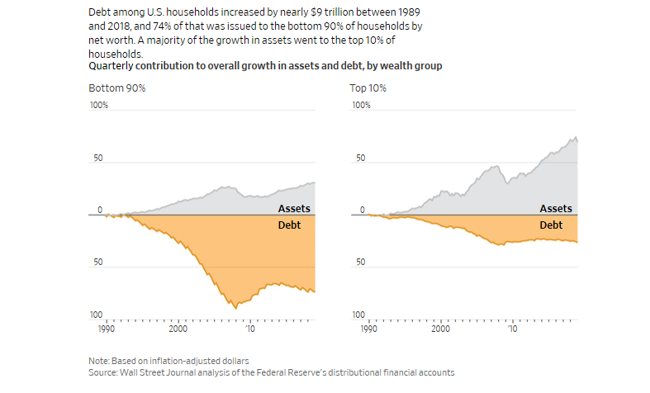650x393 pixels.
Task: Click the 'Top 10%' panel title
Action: [368, 87]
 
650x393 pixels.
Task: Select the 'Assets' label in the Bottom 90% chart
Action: [294, 209]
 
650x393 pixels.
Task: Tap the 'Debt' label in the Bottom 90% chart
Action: [288, 224]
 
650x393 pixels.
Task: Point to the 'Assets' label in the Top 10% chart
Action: [556, 209]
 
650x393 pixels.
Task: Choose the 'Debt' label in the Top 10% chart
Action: [551, 224]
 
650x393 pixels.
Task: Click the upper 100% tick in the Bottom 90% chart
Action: [98, 106]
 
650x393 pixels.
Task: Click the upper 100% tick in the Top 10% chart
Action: [361, 106]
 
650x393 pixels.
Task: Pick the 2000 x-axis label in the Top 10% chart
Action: [441, 328]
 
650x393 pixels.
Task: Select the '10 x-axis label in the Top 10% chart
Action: [512, 328]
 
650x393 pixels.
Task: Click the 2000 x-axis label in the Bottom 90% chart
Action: [178, 328]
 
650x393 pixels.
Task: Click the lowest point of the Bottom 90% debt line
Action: [236, 308]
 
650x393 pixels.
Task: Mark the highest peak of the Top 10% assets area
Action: [575, 137]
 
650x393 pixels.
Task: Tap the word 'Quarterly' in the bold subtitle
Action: [113, 65]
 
